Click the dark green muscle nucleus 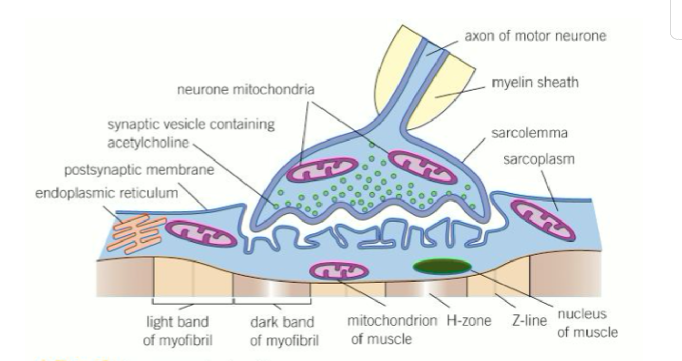[443, 266]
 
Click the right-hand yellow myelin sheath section [443, 90]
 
